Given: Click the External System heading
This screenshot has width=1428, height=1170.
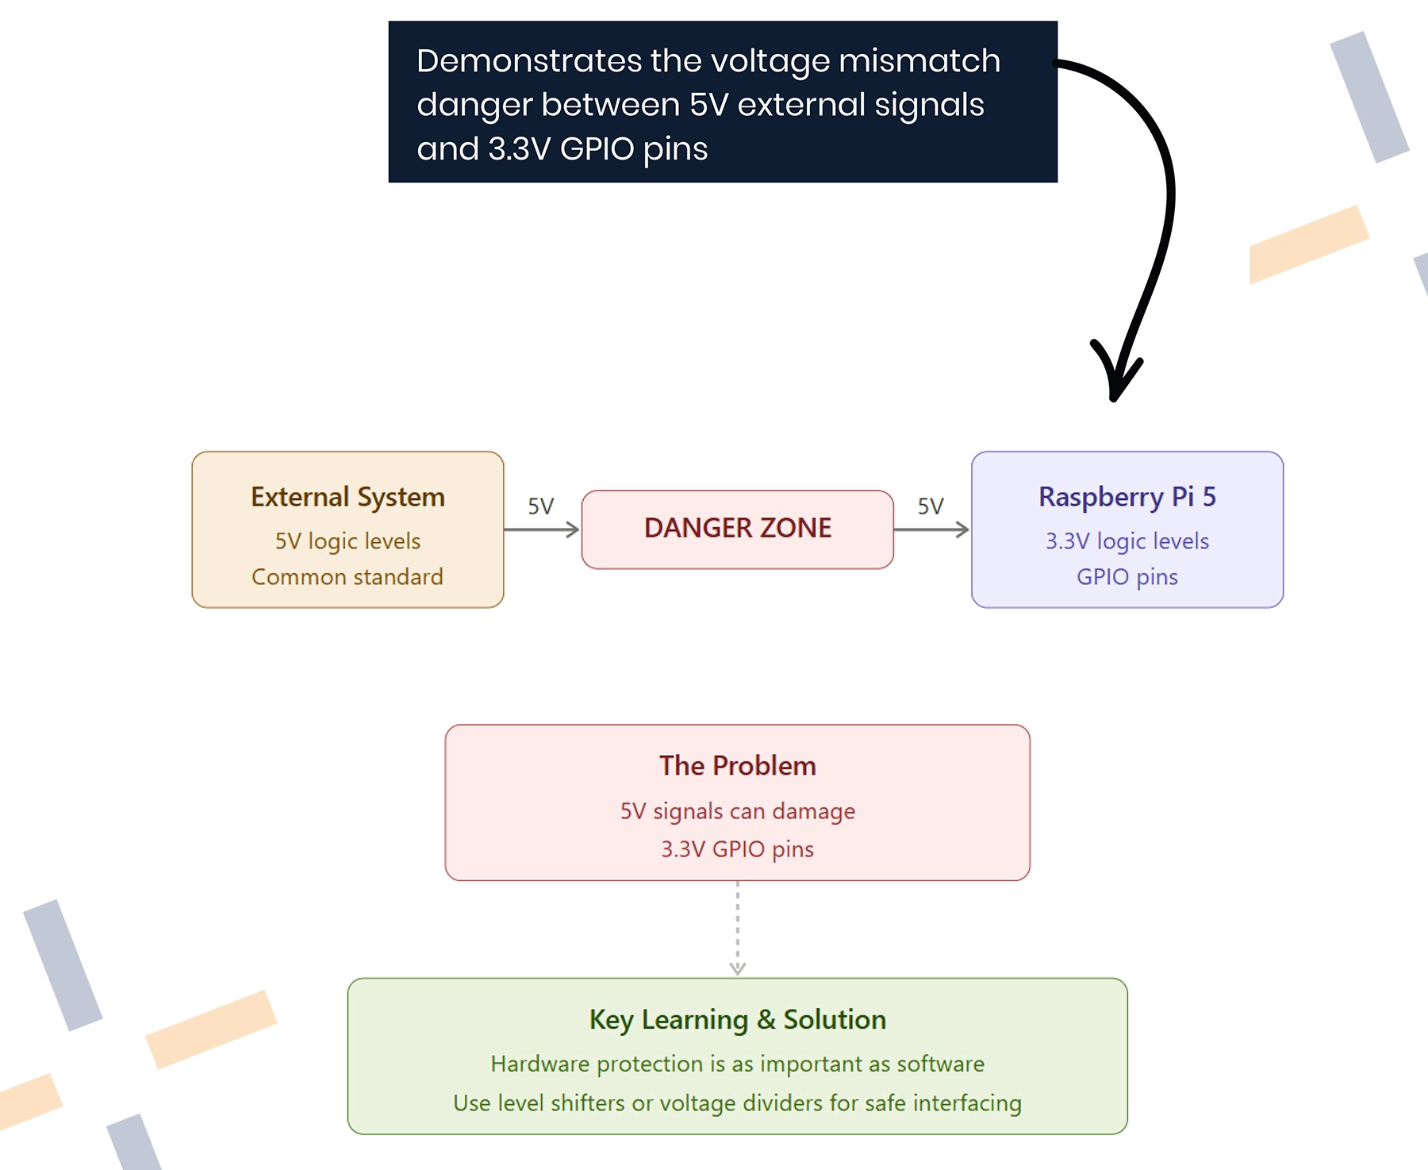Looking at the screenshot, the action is (347, 498).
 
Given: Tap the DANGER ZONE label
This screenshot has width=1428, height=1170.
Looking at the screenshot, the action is (738, 528).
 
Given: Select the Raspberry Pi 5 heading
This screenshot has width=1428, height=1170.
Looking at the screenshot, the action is (1127, 497).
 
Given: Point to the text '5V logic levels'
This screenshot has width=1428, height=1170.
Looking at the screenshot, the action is (347, 541).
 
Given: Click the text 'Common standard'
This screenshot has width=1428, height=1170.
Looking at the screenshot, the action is (347, 577).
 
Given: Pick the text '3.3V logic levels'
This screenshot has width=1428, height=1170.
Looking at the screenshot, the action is (1127, 541).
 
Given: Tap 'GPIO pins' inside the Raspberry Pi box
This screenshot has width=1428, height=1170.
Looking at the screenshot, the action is (1127, 577).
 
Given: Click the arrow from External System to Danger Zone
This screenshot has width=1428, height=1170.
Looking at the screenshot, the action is (542, 529).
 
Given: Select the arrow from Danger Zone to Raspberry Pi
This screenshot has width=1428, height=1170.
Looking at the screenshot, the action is (932, 529).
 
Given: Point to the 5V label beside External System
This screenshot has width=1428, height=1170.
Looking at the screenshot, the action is (541, 506).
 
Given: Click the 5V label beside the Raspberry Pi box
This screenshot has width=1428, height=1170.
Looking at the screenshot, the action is (931, 506).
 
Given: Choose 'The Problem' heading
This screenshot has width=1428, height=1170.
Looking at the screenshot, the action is (738, 766).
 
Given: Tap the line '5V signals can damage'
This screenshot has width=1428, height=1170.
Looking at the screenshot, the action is (738, 811).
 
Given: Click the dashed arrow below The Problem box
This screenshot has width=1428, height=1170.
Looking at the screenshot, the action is (738, 928).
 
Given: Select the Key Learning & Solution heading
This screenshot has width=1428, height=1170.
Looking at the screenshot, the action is (738, 1020).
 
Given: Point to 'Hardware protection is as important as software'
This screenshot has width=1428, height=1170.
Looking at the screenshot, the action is (738, 1064).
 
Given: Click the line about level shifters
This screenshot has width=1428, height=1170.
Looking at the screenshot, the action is (738, 1103).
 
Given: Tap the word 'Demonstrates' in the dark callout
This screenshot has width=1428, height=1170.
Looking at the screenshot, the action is (529, 61).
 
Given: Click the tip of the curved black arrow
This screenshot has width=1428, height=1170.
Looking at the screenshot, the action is (1114, 399).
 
